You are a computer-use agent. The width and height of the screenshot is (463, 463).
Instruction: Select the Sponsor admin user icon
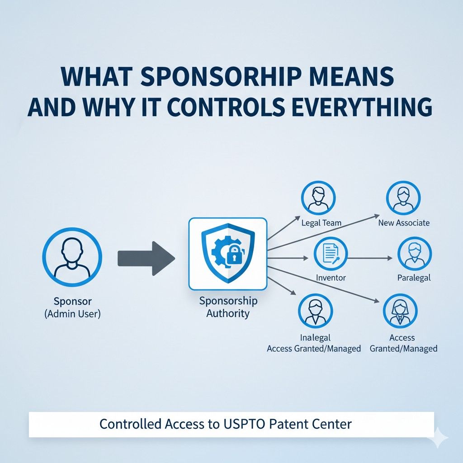coord(72,256)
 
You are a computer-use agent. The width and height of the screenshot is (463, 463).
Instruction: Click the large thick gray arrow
coord(146,258)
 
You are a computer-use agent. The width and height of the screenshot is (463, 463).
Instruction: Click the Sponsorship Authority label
coord(228,307)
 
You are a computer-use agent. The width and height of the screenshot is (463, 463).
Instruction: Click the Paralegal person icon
coord(414,254)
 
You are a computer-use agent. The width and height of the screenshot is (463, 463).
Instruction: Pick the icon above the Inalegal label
coord(315,311)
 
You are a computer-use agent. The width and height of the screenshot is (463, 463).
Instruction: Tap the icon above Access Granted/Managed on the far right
coord(400,311)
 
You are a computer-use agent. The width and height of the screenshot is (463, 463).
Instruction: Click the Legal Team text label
coord(321,223)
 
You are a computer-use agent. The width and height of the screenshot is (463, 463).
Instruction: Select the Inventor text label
coord(331,278)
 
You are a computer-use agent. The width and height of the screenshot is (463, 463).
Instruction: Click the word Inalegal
coord(315,337)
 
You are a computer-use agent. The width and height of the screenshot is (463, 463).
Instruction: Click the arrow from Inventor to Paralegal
coord(371,258)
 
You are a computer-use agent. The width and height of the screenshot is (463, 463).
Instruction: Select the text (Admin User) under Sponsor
coord(72,313)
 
